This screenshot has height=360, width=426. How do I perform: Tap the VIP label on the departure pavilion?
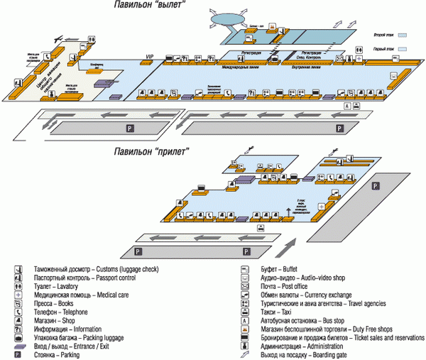(x=149, y=56)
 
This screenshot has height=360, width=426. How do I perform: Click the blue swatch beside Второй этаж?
(x=402, y=34)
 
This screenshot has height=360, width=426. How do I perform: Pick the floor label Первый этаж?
(x=383, y=48)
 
